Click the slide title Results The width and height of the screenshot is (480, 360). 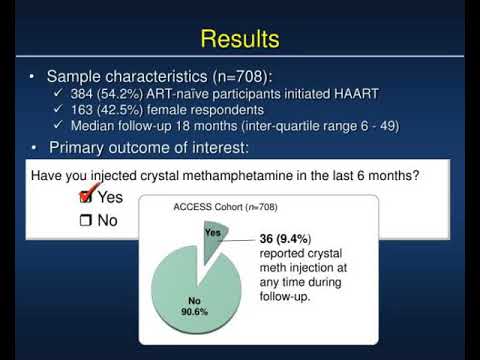pos(240,39)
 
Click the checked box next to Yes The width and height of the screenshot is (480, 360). pos(85,196)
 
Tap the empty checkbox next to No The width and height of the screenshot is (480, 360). pos(85,219)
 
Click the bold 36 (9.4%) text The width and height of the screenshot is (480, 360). pos(286,238)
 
